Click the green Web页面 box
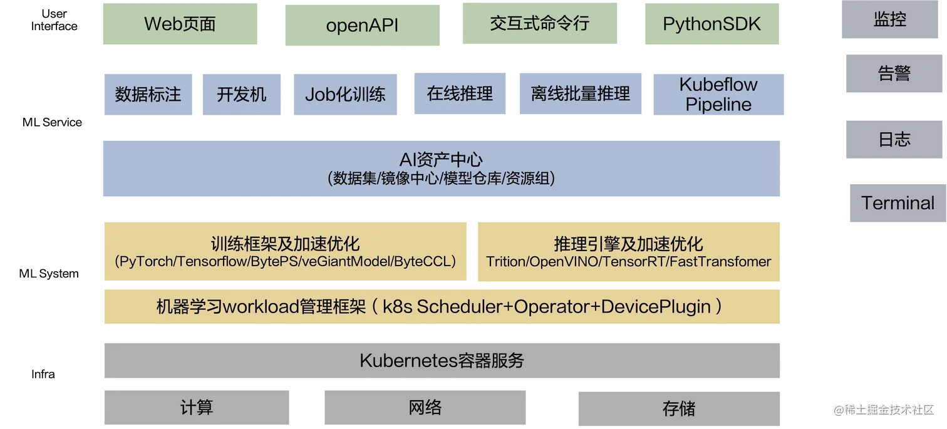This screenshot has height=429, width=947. [180, 24]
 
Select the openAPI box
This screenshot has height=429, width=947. [361, 26]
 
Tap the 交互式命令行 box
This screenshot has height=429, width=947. [540, 24]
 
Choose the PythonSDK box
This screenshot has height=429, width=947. [712, 24]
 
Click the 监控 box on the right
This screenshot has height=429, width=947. [890, 20]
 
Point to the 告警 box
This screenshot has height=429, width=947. [894, 73]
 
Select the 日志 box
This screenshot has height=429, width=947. [894, 139]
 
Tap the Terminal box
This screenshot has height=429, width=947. [897, 203]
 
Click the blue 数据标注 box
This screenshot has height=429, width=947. [148, 95]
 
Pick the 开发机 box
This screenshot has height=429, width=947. [242, 95]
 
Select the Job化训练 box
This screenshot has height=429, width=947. [345, 95]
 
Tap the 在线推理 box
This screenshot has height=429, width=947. [460, 94]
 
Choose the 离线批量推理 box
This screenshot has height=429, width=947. [580, 95]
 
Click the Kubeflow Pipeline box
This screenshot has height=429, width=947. [718, 95]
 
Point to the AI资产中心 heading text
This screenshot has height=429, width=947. [441, 160]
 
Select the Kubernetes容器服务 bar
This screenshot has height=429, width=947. [441, 361]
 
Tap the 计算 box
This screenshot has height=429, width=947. [196, 408]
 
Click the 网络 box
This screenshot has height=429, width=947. [425, 408]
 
